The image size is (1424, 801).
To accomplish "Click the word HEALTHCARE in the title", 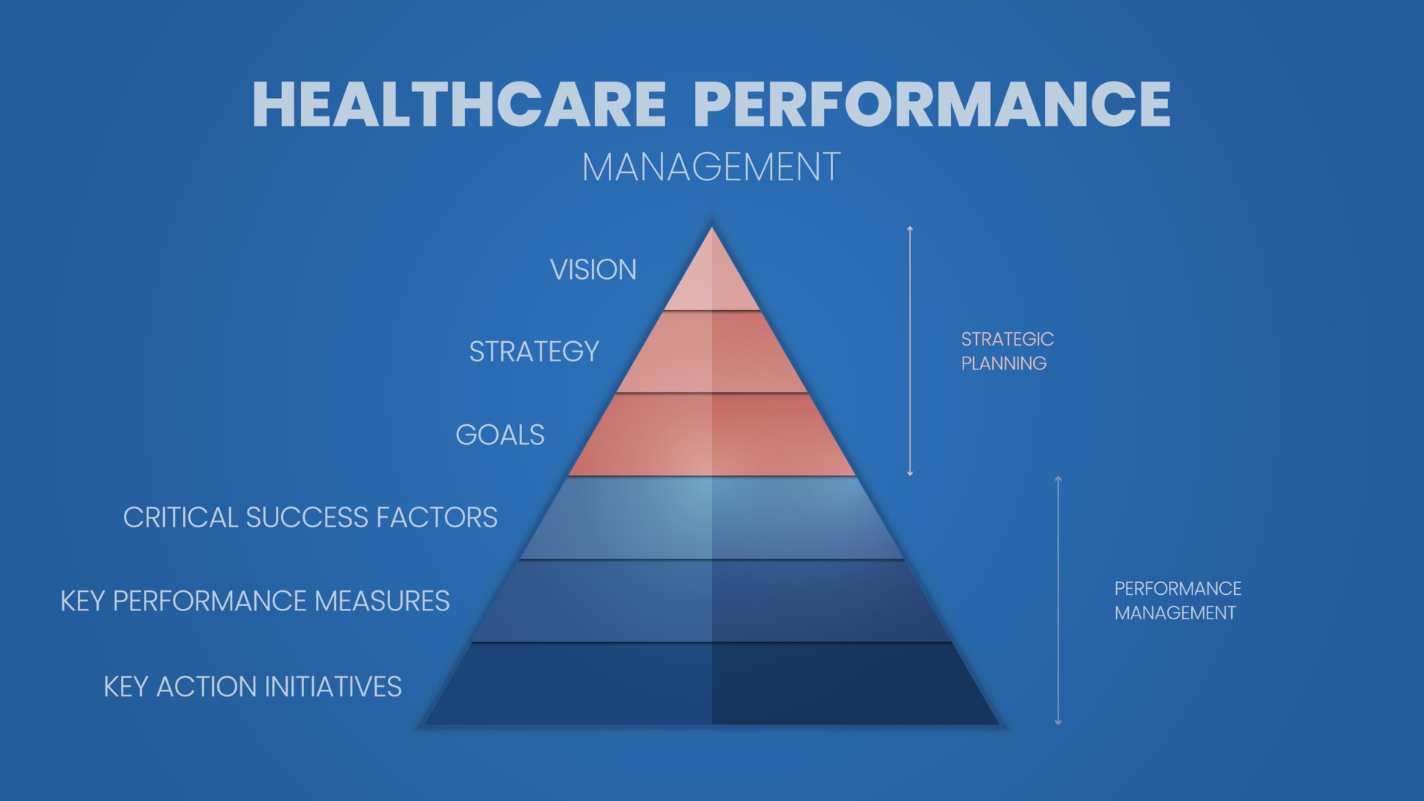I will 459,105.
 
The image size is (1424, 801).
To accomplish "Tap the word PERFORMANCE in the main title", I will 932,105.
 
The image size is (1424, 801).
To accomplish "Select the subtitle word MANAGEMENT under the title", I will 711,167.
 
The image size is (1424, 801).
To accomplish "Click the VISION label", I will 593,270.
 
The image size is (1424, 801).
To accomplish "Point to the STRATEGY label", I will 534,352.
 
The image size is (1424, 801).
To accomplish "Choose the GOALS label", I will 500,435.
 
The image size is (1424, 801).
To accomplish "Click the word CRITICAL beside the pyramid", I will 180,518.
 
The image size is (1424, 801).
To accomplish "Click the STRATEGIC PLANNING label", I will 1006,351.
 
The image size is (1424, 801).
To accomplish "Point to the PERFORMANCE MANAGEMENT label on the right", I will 1177,601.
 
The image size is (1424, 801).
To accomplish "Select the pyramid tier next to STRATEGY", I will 712,353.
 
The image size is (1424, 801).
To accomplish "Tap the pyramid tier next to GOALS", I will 712,435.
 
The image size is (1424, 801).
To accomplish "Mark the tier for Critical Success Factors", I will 712,518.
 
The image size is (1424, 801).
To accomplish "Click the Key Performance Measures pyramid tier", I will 712,601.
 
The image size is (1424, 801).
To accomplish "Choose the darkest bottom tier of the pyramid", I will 712,685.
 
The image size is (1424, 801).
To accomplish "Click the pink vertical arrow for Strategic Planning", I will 910,351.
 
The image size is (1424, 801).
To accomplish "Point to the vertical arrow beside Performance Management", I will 1058,601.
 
